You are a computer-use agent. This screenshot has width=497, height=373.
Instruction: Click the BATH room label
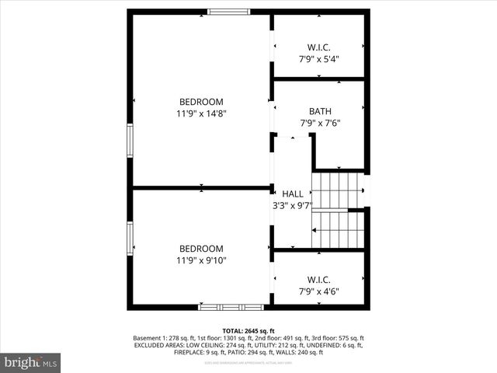319,111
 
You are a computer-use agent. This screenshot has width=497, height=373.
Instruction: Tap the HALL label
293,193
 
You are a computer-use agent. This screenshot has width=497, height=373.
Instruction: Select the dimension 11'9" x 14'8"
201,113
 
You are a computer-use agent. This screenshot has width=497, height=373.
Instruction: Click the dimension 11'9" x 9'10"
201,261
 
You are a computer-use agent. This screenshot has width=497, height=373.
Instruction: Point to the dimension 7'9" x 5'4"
319,59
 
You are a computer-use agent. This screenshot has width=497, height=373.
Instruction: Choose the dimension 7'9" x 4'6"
319,292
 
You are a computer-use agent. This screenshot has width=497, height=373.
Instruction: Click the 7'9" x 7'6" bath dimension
319,123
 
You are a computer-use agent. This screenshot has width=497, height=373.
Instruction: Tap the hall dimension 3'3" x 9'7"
293,206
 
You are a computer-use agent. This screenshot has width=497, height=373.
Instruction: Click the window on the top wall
229,12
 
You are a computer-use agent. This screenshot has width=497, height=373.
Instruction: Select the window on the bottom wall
220,307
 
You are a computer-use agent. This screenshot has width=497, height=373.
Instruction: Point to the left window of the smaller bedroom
130,239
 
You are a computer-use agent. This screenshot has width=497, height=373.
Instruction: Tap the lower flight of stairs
337,229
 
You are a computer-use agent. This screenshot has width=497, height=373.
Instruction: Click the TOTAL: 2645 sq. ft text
248,330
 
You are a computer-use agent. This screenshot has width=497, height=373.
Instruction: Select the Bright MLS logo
31,362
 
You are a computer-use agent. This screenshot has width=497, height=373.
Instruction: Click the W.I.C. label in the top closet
319,47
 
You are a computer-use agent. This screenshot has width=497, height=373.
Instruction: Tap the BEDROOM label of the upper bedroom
201,102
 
